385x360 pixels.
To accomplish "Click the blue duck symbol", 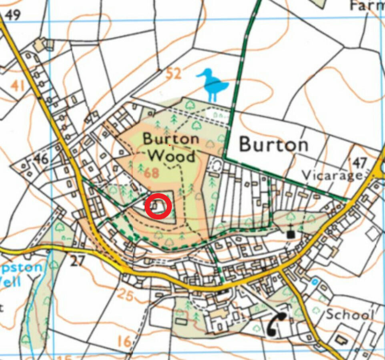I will point(213,84).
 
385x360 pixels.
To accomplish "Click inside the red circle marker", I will point(158,206).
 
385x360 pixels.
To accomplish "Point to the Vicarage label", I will point(332,175).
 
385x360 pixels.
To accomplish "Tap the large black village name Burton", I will point(274,145).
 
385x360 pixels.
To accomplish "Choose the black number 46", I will point(40,159).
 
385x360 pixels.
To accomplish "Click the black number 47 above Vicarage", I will point(359,163).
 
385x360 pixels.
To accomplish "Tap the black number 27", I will point(78,261).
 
